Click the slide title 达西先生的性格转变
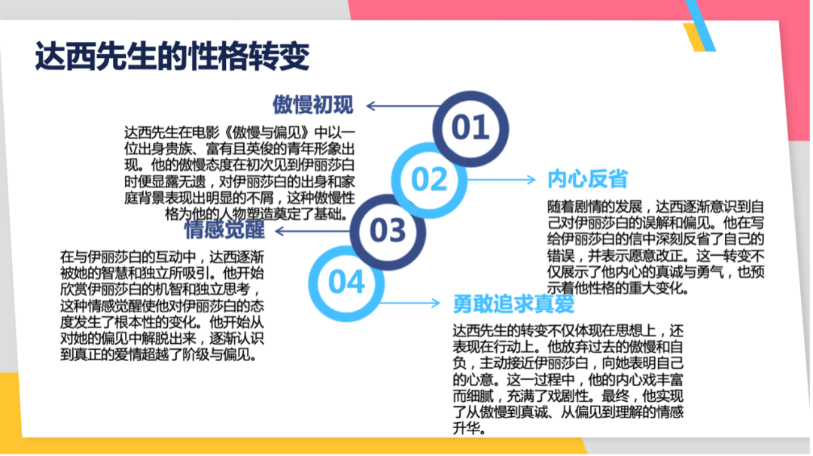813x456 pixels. [x=172, y=56]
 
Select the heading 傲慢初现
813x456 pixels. [x=313, y=105]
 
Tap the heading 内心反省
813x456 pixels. [x=587, y=179]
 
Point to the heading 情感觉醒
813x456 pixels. [x=224, y=230]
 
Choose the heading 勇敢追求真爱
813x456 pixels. [x=513, y=304]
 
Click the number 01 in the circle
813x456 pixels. [x=470, y=127]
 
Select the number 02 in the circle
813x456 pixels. [x=429, y=179]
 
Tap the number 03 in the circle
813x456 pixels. [x=388, y=230]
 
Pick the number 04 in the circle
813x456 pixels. [x=346, y=282]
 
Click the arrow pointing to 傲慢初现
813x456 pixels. [x=403, y=105]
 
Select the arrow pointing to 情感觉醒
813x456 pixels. [x=314, y=230]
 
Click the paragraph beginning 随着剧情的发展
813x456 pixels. [x=656, y=247]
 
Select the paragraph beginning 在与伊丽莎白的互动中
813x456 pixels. [x=163, y=306]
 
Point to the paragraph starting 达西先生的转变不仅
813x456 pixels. [x=568, y=379]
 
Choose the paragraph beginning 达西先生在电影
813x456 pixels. [x=239, y=173]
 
